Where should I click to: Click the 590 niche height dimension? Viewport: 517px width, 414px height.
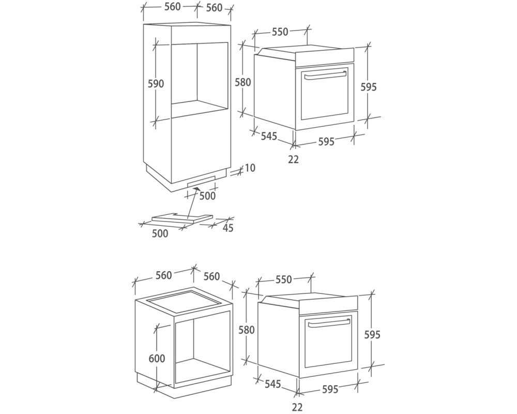point(156,84)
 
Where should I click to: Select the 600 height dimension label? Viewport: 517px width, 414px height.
point(157,358)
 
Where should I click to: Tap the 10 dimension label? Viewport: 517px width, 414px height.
point(250,168)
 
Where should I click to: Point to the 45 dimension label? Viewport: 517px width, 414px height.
point(228,228)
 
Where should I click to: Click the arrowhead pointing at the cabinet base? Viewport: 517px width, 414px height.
point(196,188)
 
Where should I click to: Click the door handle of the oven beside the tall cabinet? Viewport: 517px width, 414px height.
point(326,76)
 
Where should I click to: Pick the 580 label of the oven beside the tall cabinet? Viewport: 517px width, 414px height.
point(243,82)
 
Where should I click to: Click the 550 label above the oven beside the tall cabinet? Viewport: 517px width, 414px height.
point(280,32)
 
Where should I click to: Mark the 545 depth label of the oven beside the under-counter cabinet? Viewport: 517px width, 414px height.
point(272,383)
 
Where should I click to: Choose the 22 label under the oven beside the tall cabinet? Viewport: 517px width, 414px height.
point(293,159)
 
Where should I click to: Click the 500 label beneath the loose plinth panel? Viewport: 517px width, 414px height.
point(160,233)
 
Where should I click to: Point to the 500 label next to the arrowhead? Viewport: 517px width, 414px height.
point(207,196)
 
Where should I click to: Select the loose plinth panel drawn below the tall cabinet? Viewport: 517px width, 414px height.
point(183,217)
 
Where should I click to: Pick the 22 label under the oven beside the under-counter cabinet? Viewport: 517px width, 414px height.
point(297,407)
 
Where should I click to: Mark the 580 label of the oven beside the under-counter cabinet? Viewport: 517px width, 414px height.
point(247,330)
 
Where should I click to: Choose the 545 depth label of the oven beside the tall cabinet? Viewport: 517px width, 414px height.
point(269,136)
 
